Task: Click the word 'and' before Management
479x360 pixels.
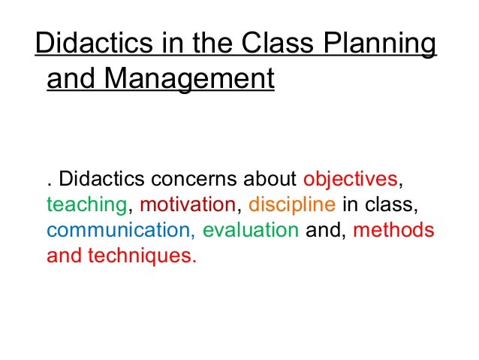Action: (71, 78)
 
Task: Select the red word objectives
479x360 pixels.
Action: (348, 180)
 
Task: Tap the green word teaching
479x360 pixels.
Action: (84, 205)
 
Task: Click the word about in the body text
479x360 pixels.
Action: (275, 180)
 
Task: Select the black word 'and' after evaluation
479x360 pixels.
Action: (321, 229)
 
